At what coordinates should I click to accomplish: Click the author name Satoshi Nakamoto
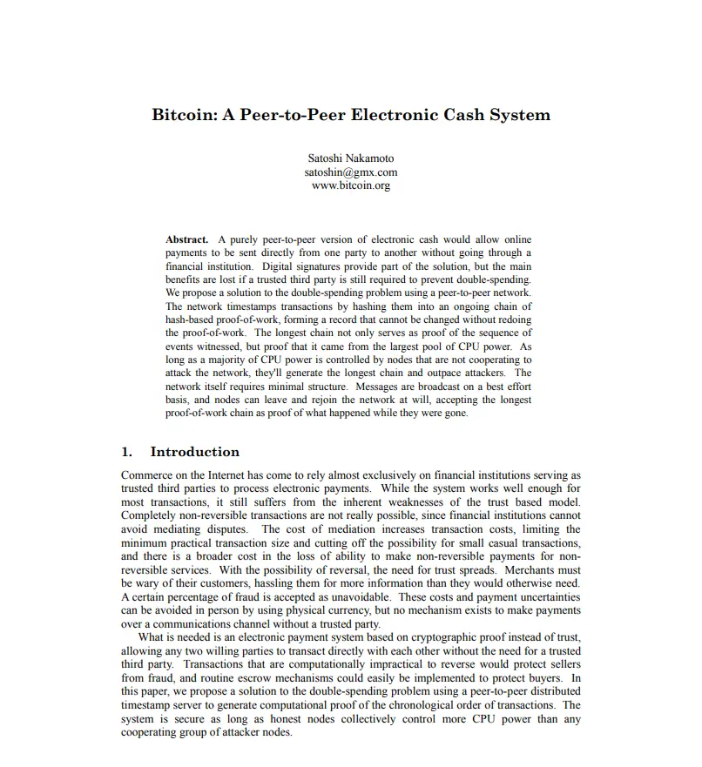click(351, 158)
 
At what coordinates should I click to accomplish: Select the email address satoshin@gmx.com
click(351, 172)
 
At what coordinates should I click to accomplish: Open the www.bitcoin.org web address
click(351, 185)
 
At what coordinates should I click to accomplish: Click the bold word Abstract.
click(186, 239)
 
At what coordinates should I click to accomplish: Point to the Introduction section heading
click(194, 452)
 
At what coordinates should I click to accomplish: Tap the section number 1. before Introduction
click(126, 452)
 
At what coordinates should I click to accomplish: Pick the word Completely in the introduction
click(149, 516)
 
